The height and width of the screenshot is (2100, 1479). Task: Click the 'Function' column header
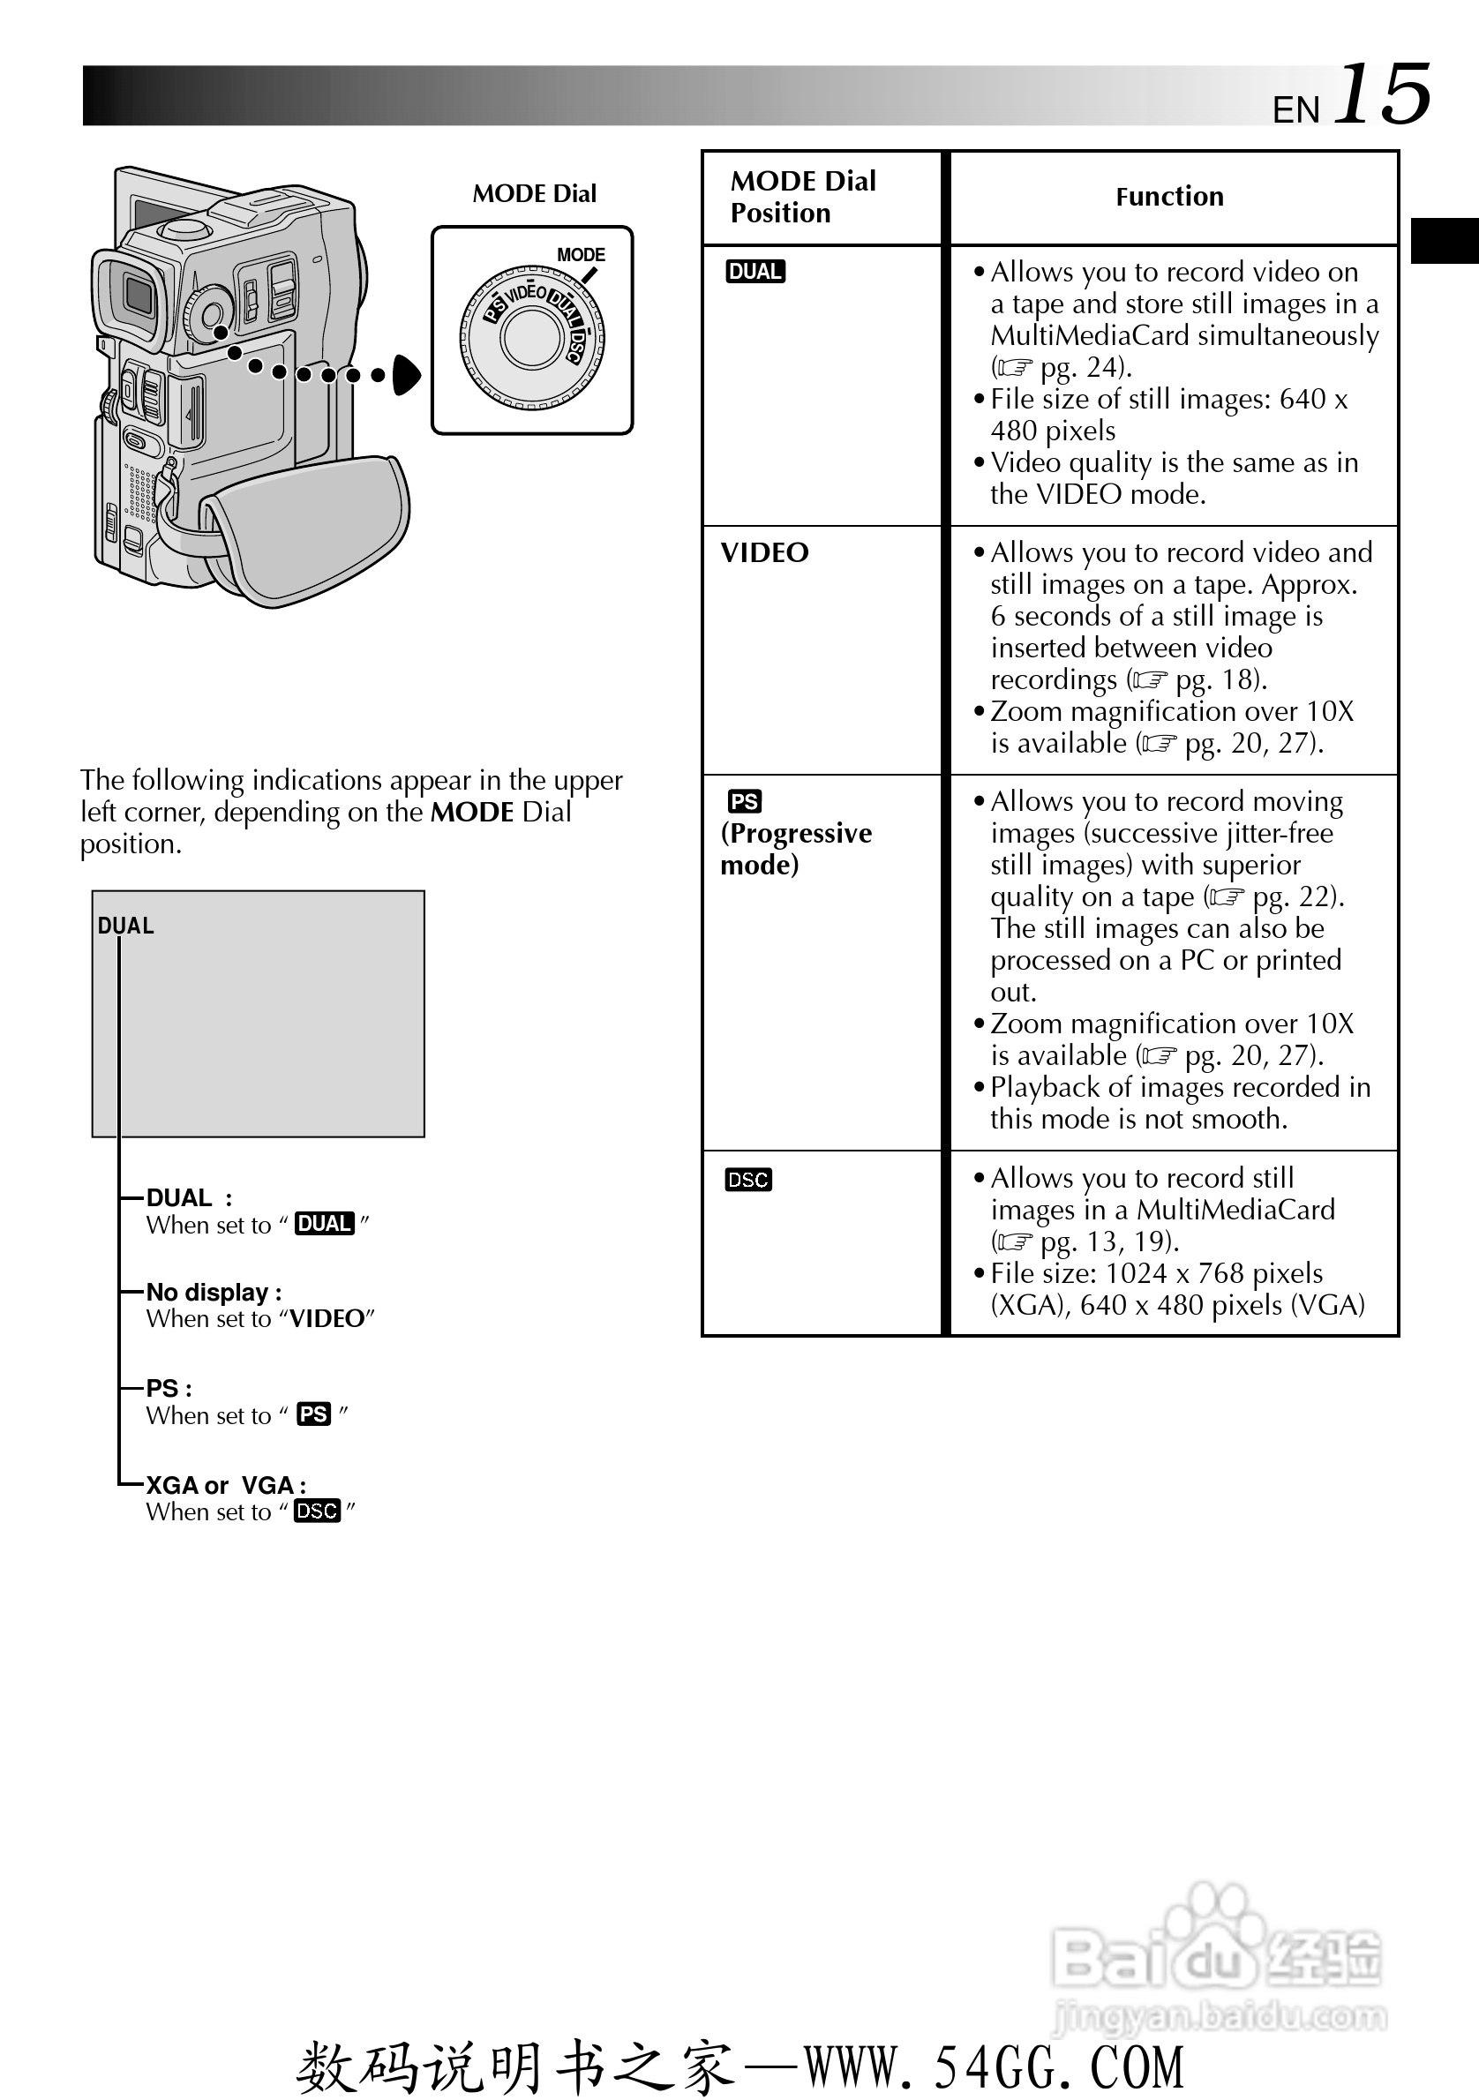(x=1169, y=197)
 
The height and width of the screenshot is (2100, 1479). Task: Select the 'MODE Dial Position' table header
(x=802, y=197)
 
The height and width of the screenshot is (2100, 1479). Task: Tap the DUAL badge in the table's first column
(x=755, y=272)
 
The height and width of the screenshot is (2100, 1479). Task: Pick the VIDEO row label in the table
(x=765, y=552)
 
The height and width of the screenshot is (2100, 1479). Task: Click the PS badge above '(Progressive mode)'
(x=745, y=802)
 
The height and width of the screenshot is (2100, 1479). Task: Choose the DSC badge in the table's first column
(x=748, y=1180)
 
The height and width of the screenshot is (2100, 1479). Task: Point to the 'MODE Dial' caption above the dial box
(x=534, y=194)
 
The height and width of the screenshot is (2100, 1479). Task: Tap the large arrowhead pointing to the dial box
(x=406, y=375)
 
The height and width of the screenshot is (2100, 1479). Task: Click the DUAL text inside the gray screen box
(x=126, y=926)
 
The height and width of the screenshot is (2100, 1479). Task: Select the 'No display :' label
(x=214, y=1293)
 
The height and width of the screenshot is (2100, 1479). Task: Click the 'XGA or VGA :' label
(x=226, y=1485)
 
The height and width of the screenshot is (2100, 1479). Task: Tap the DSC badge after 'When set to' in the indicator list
(x=318, y=1511)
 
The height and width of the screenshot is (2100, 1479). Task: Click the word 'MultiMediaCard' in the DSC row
(x=1235, y=1210)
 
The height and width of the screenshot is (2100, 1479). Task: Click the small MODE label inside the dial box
(x=581, y=255)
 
